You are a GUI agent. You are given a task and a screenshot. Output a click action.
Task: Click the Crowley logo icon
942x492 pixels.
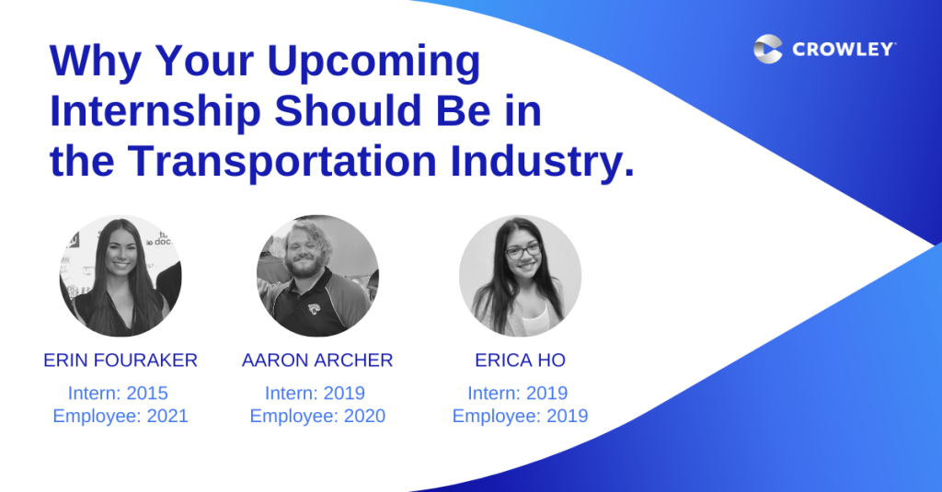tap(768, 49)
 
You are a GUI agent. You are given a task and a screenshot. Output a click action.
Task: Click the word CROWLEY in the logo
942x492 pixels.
tap(844, 50)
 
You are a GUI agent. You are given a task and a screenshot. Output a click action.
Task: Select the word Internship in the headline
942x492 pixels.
tap(155, 113)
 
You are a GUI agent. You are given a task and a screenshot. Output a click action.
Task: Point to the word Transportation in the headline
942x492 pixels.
tap(282, 162)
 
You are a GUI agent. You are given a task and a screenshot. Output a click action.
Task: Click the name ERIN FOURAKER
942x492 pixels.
tap(121, 360)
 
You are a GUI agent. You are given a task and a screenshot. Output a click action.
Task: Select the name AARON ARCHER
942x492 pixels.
tap(317, 360)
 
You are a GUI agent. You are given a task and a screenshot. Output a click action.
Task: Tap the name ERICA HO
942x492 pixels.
tap(521, 360)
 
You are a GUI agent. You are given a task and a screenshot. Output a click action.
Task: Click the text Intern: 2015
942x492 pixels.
tap(118, 393)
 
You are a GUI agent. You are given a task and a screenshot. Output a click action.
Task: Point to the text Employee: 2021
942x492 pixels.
tap(121, 416)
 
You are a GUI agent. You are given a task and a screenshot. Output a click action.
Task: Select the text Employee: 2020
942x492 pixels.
tap(317, 416)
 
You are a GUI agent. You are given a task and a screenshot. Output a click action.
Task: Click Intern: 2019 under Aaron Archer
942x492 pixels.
tap(315, 393)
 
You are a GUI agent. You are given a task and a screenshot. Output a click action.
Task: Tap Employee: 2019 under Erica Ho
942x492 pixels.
tap(521, 416)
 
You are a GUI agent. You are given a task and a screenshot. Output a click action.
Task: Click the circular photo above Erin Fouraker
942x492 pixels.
tap(121, 276)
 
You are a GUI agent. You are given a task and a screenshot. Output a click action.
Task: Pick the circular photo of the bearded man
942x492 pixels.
tap(317, 276)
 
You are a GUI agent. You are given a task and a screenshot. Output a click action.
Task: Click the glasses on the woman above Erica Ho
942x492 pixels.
tap(523, 250)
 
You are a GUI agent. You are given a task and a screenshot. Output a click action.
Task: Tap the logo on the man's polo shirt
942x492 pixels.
tap(314, 309)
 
